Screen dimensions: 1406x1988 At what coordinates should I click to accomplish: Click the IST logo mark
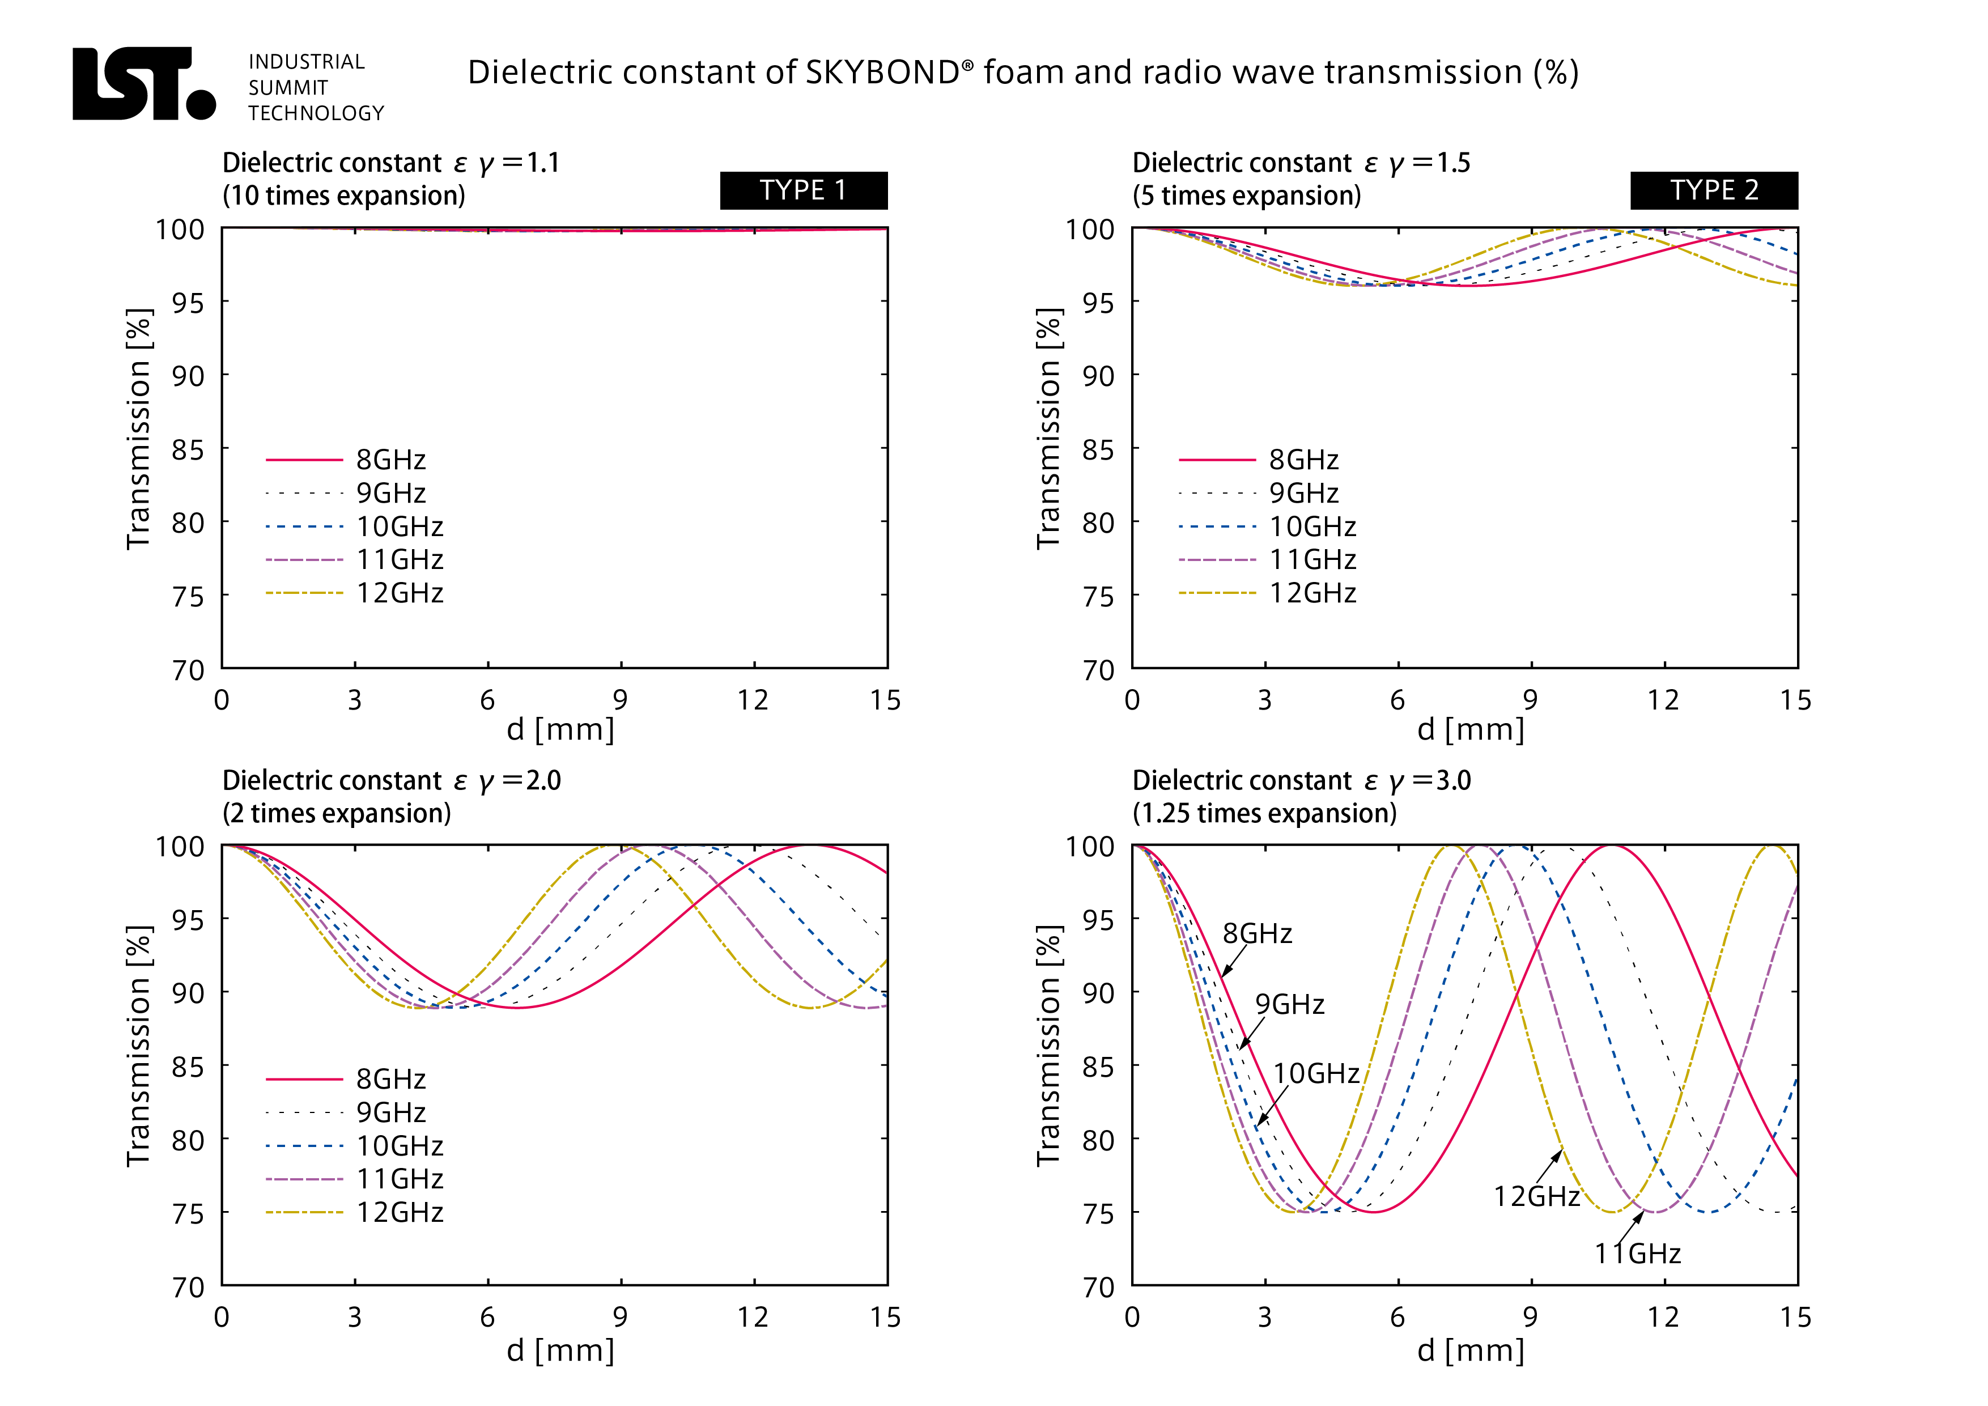click(x=143, y=83)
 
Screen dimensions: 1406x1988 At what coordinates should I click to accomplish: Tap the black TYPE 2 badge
click(x=1714, y=190)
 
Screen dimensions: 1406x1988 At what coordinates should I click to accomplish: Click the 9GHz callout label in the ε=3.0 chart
click(x=1289, y=1004)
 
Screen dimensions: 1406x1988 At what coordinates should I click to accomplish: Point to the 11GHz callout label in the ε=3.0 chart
click(x=1637, y=1253)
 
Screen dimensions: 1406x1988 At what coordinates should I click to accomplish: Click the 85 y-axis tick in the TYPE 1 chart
click(x=188, y=449)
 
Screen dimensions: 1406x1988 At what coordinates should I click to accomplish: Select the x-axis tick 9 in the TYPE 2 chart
click(x=1530, y=699)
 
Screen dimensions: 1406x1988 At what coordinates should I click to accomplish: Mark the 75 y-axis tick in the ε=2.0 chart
click(x=188, y=1213)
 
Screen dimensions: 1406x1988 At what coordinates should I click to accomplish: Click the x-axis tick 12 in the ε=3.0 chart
click(x=1663, y=1317)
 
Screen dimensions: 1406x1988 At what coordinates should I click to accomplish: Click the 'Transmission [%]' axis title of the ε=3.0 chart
click(x=1048, y=1046)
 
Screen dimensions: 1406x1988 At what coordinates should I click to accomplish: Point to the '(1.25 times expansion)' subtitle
click(x=1264, y=813)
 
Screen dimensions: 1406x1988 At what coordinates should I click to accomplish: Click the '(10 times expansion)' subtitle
click(x=344, y=196)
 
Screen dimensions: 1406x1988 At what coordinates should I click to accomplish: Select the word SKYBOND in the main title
click(x=883, y=73)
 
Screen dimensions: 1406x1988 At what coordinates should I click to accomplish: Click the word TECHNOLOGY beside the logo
click(x=316, y=113)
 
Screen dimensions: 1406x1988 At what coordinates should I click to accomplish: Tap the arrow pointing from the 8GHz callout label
click(x=1233, y=960)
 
